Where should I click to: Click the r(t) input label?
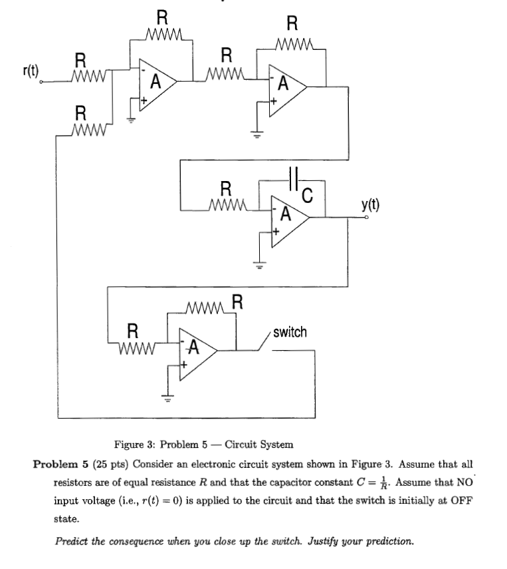(30, 69)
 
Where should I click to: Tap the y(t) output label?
(371, 204)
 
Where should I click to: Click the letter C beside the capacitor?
(306, 195)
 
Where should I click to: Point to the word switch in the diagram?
(290, 332)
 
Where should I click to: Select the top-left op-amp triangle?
(156, 83)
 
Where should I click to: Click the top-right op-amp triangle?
(285, 86)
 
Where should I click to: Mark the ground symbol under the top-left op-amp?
(132, 120)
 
